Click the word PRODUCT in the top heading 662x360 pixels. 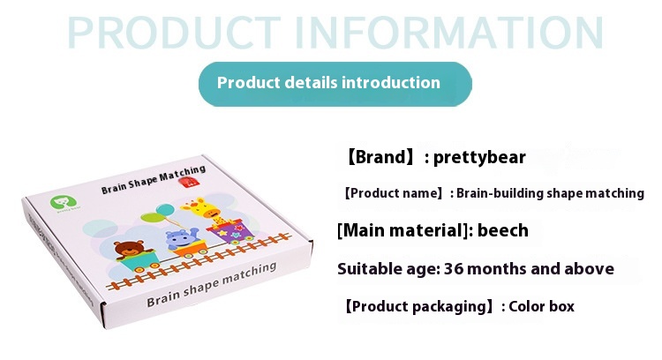(x=174, y=33)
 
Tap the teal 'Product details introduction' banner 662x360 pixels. (x=335, y=84)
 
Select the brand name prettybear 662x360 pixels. (x=479, y=157)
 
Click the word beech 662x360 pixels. (x=503, y=230)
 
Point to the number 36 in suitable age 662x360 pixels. (x=454, y=269)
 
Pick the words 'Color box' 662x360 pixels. (x=541, y=306)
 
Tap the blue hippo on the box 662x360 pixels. (x=181, y=239)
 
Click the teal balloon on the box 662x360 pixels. (x=165, y=210)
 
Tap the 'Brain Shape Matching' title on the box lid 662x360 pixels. (x=154, y=179)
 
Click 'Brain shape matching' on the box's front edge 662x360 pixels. (x=212, y=284)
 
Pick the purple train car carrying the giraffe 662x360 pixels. (x=230, y=231)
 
